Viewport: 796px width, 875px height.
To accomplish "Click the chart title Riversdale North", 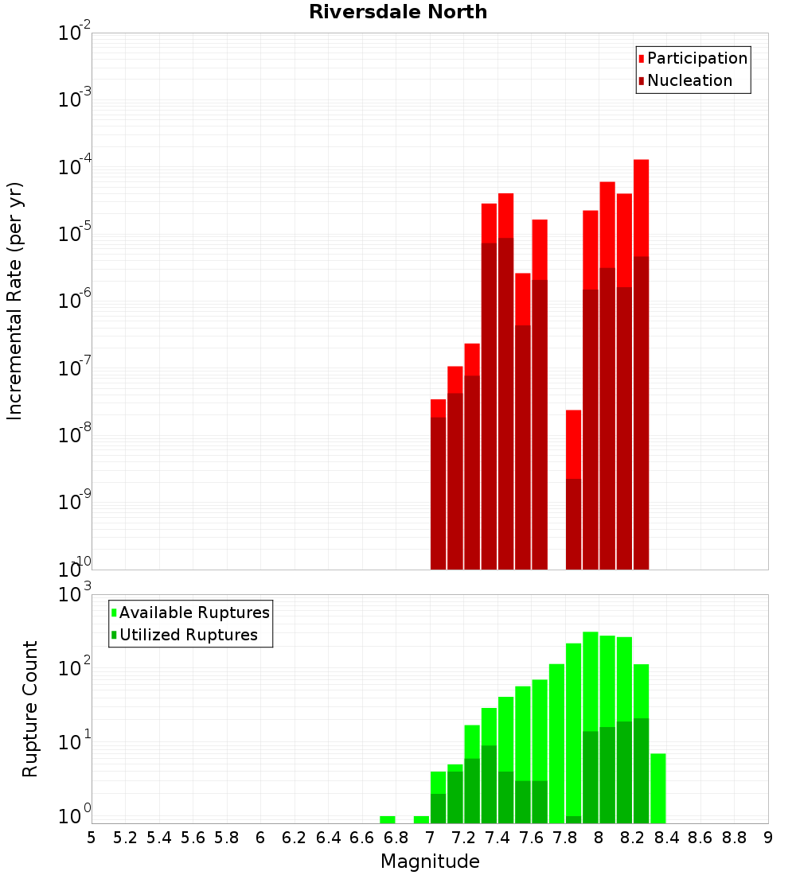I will click(398, 12).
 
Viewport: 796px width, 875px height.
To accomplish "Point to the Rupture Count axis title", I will click(30, 708).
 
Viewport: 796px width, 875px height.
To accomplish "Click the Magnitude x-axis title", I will click(430, 861).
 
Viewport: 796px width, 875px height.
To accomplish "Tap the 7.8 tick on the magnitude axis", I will click(565, 838).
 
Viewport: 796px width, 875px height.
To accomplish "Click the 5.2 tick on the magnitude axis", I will click(125, 838).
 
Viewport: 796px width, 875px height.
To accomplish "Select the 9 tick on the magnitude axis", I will click(768, 838).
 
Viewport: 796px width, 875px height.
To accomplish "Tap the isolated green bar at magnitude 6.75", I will click(388, 819).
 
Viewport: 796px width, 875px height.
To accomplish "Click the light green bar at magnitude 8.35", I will click(658, 787).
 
